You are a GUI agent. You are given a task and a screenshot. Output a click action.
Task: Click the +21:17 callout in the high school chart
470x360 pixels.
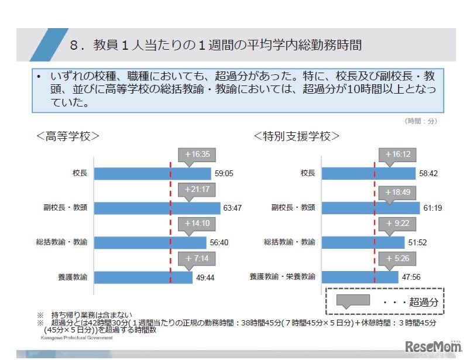click(196, 190)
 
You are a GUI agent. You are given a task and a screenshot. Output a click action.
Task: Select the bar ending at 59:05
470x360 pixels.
click(152, 174)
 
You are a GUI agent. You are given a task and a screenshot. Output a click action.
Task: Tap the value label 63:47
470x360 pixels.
click(232, 208)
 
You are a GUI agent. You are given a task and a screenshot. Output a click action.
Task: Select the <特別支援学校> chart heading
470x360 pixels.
click(297, 136)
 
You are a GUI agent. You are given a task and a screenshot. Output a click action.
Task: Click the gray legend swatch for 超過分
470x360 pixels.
click(352, 300)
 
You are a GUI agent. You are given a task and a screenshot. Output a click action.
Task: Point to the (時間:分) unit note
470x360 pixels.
click(420, 121)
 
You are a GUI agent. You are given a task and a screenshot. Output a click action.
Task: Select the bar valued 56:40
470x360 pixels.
click(150, 242)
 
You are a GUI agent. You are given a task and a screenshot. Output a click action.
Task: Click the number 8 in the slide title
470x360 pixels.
click(74, 45)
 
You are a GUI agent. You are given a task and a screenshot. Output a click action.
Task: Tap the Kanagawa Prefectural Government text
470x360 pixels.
click(77, 338)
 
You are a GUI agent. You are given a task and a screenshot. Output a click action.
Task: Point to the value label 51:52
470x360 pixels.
click(417, 242)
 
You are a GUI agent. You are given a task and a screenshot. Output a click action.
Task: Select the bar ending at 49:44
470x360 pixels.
click(143, 277)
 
